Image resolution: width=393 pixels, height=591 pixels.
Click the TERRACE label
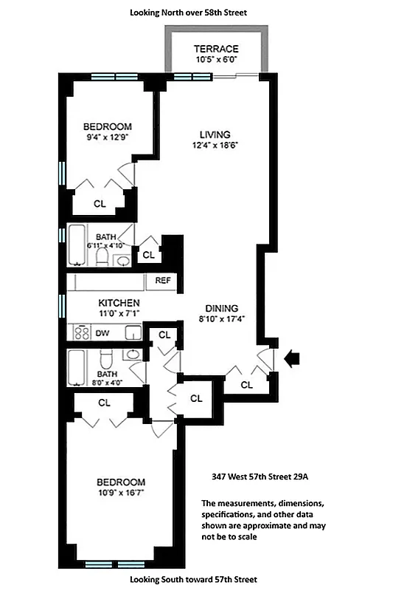click(x=216, y=49)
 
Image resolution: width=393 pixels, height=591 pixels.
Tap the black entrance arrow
click(x=293, y=359)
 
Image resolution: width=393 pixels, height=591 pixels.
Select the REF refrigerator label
click(x=162, y=281)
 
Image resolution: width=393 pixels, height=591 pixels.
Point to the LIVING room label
click(x=215, y=134)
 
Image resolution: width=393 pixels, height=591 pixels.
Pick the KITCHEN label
click(x=119, y=304)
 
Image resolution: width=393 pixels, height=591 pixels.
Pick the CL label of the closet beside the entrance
click(x=246, y=384)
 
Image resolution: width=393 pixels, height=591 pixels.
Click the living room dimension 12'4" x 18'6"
click(x=215, y=146)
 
